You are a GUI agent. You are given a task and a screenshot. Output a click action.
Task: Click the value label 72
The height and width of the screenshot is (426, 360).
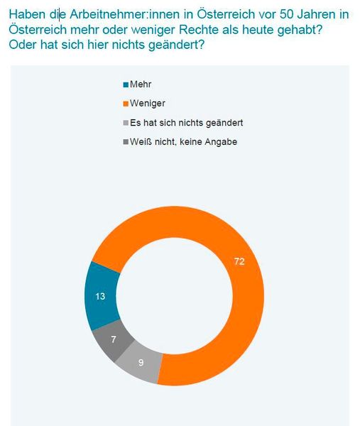tap(239, 262)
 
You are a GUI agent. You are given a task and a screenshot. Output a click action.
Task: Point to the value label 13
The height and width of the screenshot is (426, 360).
tap(101, 296)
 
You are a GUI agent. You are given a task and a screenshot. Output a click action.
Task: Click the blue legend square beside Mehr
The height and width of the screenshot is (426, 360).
tap(126, 84)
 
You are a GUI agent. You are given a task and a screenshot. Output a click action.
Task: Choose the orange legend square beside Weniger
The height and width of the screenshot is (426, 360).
tap(126, 104)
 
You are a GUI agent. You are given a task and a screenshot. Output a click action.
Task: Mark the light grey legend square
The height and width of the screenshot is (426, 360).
tap(126, 123)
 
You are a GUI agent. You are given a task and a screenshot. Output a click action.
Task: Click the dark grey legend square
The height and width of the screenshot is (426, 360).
tap(126, 142)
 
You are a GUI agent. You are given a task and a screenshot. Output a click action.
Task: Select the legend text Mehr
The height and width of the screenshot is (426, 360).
tap(141, 84)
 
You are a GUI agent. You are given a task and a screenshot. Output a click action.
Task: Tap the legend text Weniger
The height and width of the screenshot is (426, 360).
tap(148, 104)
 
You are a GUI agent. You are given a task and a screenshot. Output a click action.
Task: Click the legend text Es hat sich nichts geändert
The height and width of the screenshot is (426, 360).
tap(187, 123)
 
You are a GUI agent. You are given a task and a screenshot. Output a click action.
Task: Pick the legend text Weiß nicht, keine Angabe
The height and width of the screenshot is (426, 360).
tap(183, 142)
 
